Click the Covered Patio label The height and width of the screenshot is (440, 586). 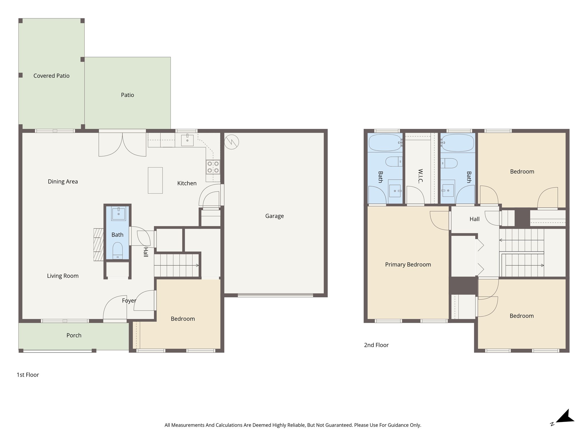pos(52,76)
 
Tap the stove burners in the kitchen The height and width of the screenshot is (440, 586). pos(213,167)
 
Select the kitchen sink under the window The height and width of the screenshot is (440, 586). pos(187,140)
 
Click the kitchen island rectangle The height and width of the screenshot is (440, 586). pos(155,180)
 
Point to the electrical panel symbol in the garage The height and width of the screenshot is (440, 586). pos(231,142)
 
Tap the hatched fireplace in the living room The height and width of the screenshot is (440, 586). pos(98,245)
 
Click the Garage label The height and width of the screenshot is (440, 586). pos(274,216)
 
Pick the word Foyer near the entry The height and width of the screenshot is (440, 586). pos(129,301)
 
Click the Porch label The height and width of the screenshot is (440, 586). pos(74,335)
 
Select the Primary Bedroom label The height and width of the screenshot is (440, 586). pos(408,265)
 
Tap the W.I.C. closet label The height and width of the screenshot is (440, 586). pos(420,176)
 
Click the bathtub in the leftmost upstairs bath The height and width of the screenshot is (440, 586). pos(385,143)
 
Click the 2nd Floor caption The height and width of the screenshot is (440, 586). pos(376,345)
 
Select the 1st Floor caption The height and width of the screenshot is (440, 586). pos(28,375)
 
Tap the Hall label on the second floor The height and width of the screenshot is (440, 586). pos(474,219)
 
